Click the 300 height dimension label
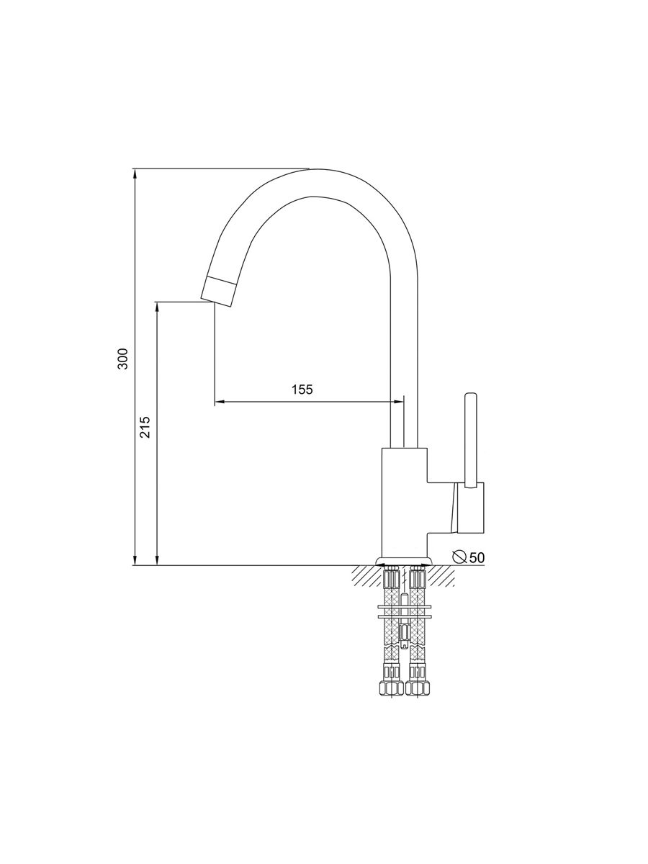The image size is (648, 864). tap(124, 359)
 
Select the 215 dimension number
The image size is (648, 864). tap(145, 427)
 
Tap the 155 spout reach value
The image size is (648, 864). tap(302, 390)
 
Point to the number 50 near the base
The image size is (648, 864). tap(477, 557)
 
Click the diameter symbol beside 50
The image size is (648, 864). tap(459, 557)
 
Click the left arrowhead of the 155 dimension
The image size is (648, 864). tap(219, 402)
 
